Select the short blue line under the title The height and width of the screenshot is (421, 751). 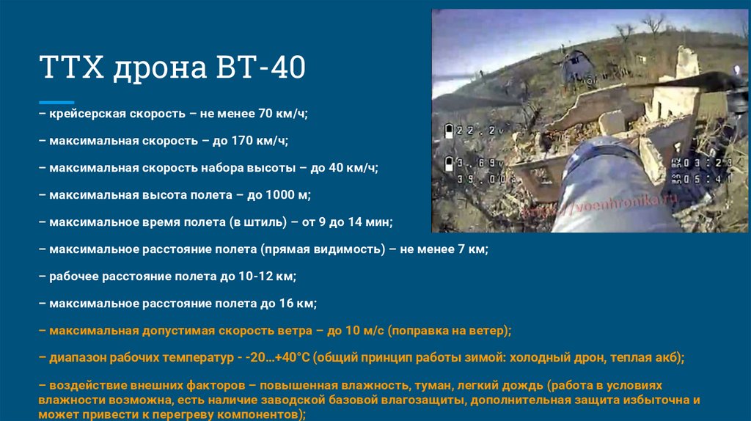56,102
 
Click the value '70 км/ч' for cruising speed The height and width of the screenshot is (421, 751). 283,114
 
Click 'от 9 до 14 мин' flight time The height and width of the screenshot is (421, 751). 348,222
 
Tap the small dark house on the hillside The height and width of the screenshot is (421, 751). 576,66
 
